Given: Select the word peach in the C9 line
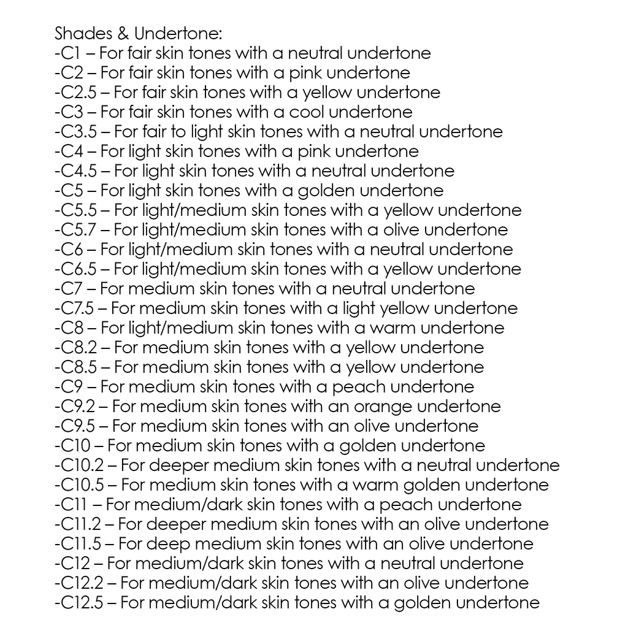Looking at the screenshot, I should tap(359, 387).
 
